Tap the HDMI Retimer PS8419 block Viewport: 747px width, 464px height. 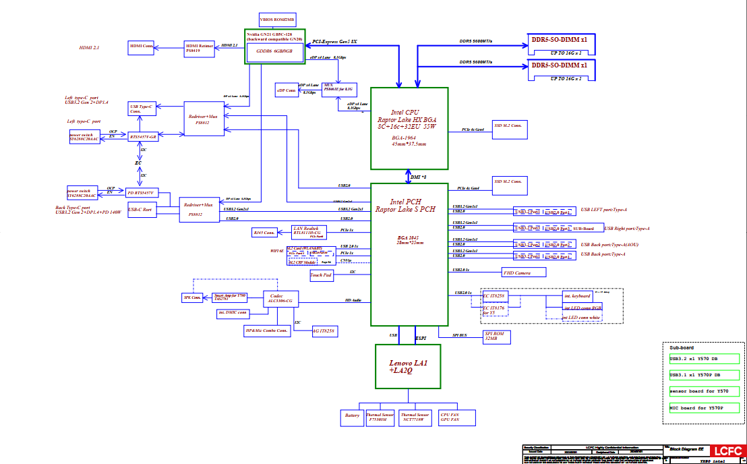click(x=200, y=48)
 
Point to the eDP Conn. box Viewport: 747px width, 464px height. click(x=287, y=90)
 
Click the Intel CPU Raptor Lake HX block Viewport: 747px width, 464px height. click(x=409, y=128)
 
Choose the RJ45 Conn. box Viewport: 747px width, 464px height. click(x=264, y=233)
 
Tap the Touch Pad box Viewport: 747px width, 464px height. click(x=321, y=274)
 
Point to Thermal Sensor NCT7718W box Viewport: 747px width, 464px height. click(x=414, y=417)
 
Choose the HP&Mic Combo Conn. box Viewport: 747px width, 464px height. click(x=267, y=330)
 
